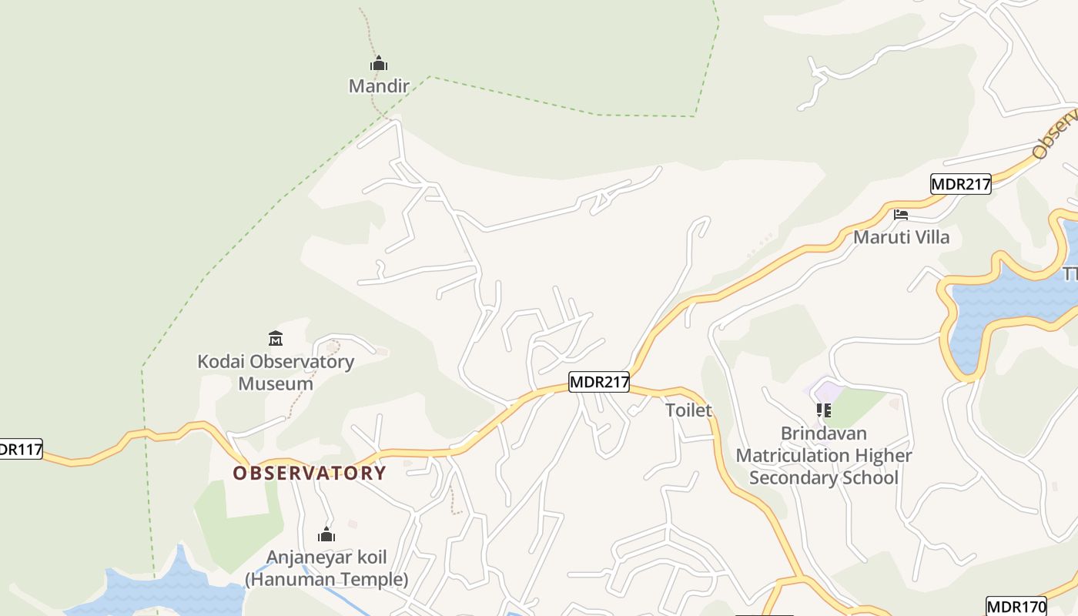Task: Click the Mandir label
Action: (378, 85)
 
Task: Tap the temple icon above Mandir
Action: (378, 63)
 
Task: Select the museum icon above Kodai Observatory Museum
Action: (276, 338)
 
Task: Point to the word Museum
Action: (276, 383)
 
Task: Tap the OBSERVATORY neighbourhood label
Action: (310, 473)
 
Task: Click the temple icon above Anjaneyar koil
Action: (326, 534)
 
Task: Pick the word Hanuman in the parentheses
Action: (286, 579)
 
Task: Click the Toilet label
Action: (688, 410)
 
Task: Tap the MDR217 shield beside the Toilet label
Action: (599, 381)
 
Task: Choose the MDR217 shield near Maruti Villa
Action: (960, 184)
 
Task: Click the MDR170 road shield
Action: (1016, 606)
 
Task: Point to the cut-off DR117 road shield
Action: (20, 449)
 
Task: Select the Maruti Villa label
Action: (901, 237)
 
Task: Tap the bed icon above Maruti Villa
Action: (901, 215)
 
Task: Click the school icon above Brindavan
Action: (824, 410)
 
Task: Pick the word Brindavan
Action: (823, 434)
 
